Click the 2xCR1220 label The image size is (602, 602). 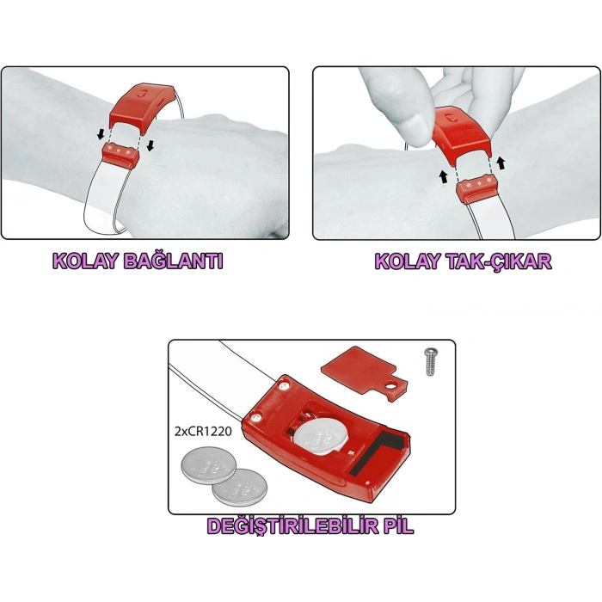(203, 431)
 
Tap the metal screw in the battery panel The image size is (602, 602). (431, 361)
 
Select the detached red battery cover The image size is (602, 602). (363, 372)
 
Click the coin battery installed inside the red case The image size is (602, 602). (322, 435)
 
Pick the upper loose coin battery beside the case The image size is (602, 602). (207, 465)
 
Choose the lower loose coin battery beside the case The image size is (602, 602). (240, 487)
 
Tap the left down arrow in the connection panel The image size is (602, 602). (101, 134)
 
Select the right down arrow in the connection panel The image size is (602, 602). (150, 145)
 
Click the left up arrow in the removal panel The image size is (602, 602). (444, 177)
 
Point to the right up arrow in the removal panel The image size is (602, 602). (501, 163)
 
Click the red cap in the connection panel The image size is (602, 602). (140, 107)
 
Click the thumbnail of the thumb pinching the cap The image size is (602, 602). (415, 126)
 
